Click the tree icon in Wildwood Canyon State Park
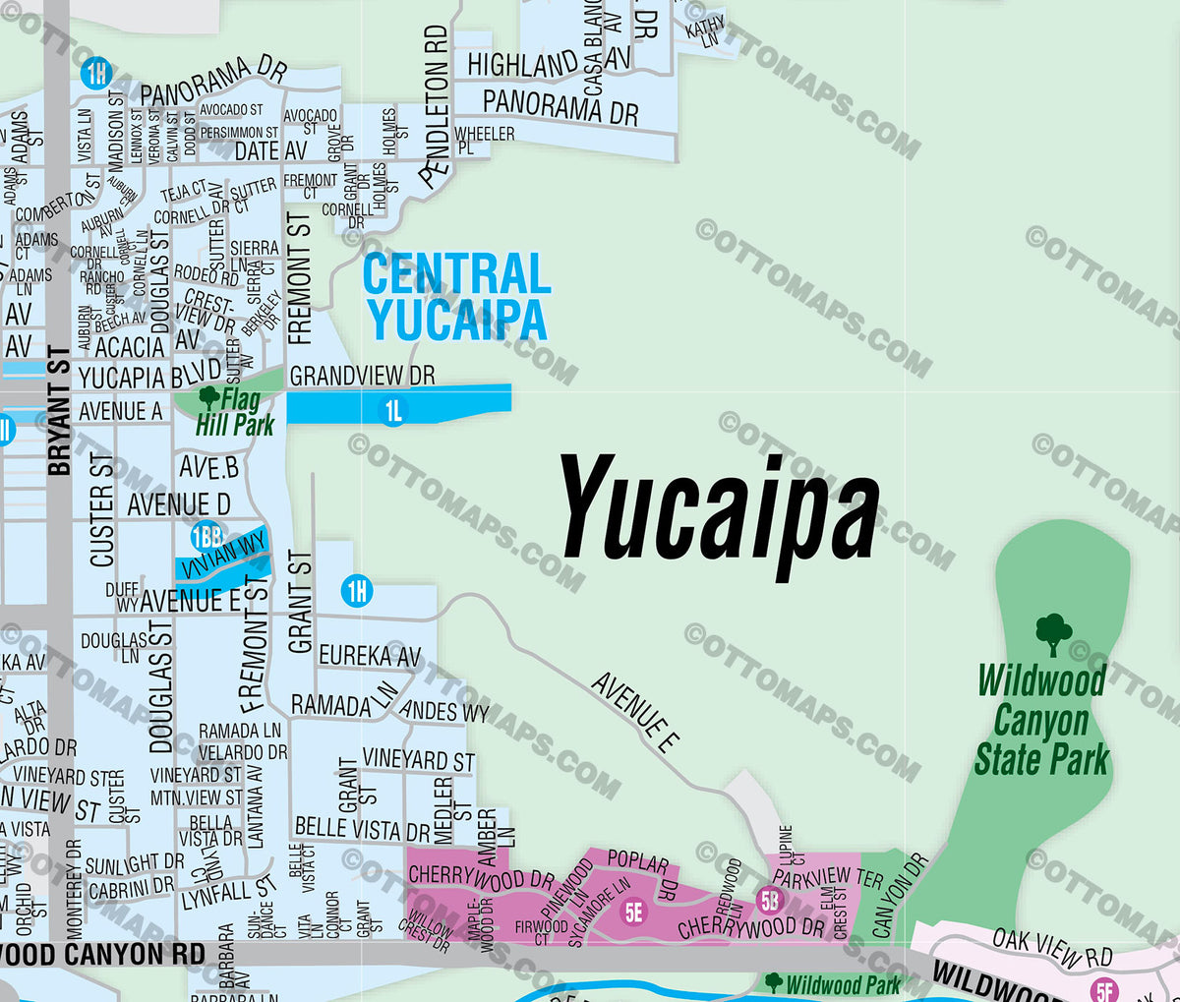[x=1053, y=634]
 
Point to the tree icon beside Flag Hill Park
[x=208, y=397]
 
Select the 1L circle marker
[x=393, y=411]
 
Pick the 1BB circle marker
[x=206, y=536]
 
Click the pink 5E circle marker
[x=634, y=913]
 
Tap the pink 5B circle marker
[x=769, y=899]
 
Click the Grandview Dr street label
[x=362, y=376]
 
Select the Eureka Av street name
[x=370, y=656]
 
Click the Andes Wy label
[x=444, y=710]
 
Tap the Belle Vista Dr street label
[x=362, y=829]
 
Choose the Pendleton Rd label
[x=436, y=106]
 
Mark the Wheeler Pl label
[x=484, y=139]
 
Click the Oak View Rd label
[x=1052, y=946]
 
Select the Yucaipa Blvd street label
[x=149, y=378]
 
